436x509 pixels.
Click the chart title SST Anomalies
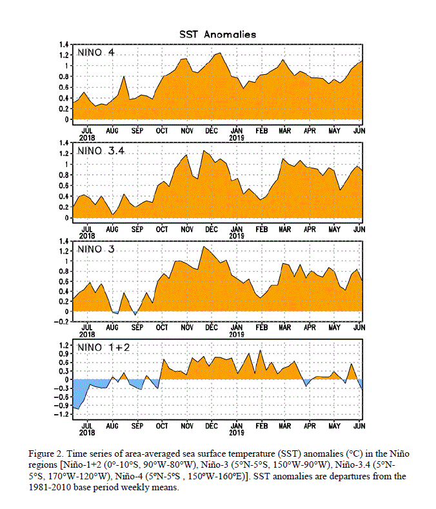tap(217, 34)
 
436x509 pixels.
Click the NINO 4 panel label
tap(95, 52)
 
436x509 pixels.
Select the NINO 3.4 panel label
tap(101, 150)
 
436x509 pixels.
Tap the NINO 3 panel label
tap(95, 249)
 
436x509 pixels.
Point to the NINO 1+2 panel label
tap(103, 347)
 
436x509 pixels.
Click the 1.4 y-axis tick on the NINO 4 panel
tap(64, 45)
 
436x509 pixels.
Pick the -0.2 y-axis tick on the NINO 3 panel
tap(62, 321)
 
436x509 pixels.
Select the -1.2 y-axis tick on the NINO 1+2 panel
tap(62, 414)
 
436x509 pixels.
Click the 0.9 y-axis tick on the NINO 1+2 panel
tap(64, 354)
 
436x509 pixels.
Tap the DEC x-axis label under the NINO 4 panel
tap(212, 130)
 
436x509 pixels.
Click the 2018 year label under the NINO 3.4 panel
tap(87, 236)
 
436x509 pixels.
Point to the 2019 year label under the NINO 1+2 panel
tap(237, 432)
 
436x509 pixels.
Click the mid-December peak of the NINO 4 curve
tap(221, 53)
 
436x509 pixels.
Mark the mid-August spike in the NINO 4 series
tap(124, 77)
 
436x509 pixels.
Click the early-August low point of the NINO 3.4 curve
tap(113, 215)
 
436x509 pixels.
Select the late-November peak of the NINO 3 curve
tap(204, 246)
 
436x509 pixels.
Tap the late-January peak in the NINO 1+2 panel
tap(260, 350)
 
